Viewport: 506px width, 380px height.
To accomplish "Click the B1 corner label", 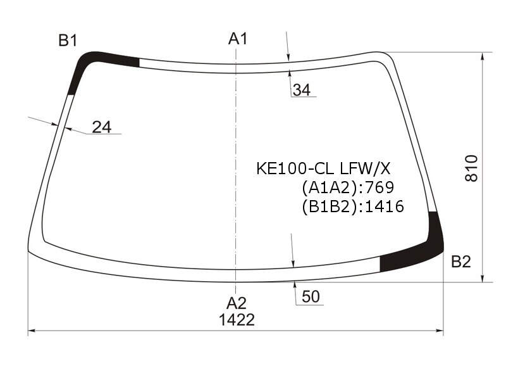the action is click(x=68, y=41).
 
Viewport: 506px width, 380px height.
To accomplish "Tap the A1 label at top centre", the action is click(x=238, y=39).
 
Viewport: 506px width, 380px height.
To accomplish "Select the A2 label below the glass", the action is click(x=236, y=303).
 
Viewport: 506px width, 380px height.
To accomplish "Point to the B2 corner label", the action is click(x=461, y=262).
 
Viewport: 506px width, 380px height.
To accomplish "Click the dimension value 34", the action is click(x=302, y=90).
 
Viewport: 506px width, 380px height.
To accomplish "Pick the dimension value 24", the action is click(x=102, y=127).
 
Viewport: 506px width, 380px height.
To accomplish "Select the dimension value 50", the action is click(x=311, y=296).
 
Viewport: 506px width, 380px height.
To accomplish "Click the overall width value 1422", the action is click(x=237, y=320).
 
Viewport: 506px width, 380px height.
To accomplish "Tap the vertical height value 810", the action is click(x=471, y=168).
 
